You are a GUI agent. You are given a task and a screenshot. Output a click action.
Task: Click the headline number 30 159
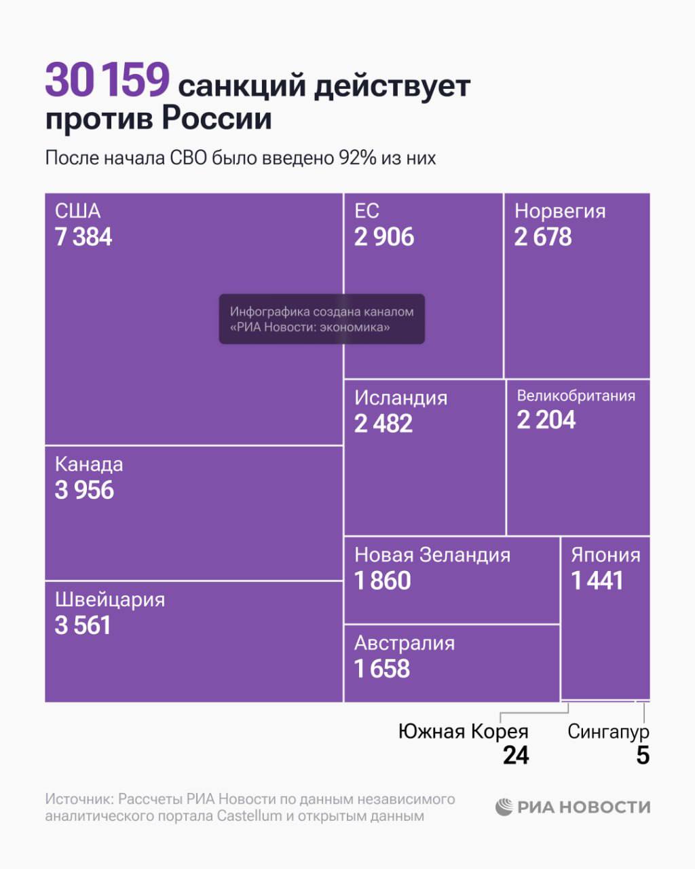pyautogui.click(x=107, y=80)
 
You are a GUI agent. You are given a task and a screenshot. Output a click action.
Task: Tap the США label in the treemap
pyautogui.click(x=77, y=210)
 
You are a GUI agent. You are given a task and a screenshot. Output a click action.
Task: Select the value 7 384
pyautogui.click(x=83, y=237)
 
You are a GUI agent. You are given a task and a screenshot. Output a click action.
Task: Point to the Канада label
pyautogui.click(x=89, y=464)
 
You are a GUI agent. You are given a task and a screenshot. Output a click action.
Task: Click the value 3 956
pyautogui.click(x=84, y=490)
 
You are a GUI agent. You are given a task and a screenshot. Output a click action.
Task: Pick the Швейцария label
pyautogui.click(x=110, y=599)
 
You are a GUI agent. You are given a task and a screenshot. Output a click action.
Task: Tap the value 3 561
pyautogui.click(x=83, y=625)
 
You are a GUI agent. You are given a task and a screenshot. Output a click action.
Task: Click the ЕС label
pyautogui.click(x=367, y=210)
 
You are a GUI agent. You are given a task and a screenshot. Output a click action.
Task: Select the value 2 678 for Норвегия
pyautogui.click(x=543, y=237)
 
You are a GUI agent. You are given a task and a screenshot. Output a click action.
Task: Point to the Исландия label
pyautogui.click(x=400, y=398)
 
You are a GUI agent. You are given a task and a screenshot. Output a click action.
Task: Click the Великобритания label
pyautogui.click(x=576, y=396)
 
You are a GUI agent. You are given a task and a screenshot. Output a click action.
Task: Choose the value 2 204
pyautogui.click(x=546, y=420)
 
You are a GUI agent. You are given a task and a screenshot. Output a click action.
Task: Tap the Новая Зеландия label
pyautogui.click(x=432, y=555)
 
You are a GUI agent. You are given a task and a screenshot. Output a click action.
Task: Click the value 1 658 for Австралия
pyautogui.click(x=382, y=669)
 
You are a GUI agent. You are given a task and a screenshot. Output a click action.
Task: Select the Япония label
pyautogui.click(x=605, y=555)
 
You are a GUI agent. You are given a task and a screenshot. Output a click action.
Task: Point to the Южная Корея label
pyautogui.click(x=463, y=731)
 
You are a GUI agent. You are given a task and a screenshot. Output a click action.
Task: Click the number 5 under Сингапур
pyautogui.click(x=643, y=755)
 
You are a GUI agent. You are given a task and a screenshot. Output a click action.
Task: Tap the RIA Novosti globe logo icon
pyautogui.click(x=504, y=807)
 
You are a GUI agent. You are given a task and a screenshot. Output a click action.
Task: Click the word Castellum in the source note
pyautogui.click(x=249, y=815)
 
